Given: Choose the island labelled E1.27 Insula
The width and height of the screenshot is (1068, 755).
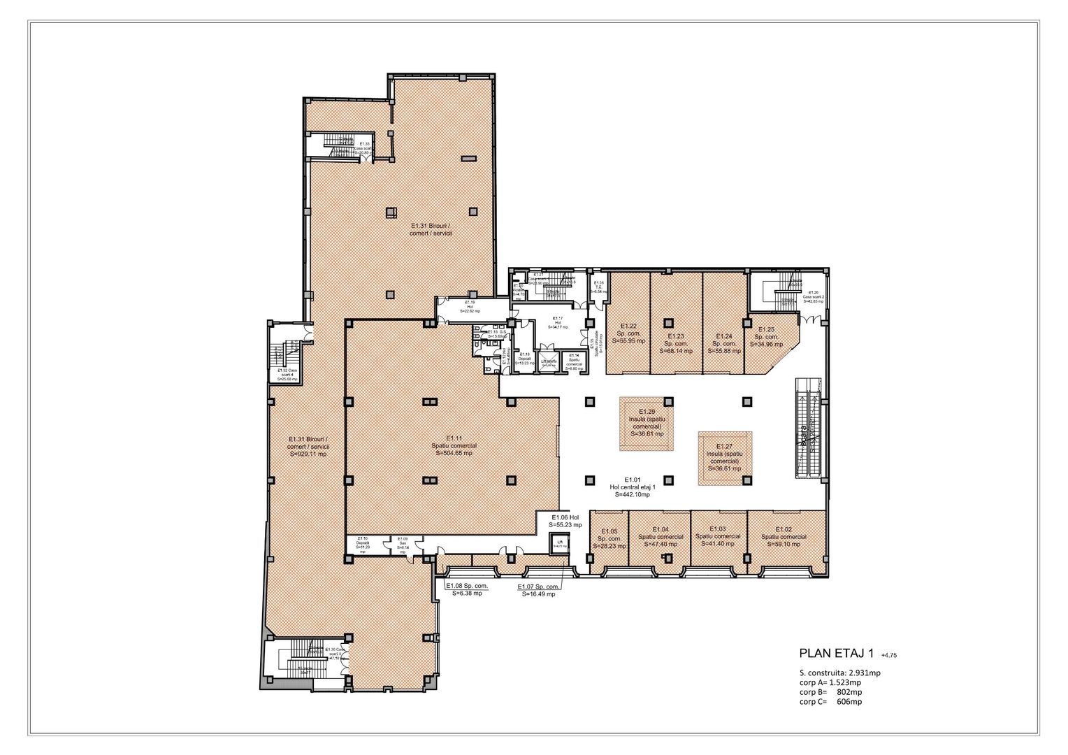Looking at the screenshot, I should (723, 457).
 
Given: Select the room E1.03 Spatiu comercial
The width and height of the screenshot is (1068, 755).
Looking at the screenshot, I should (719, 536).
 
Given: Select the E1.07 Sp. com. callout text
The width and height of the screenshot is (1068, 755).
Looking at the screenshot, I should (538, 590).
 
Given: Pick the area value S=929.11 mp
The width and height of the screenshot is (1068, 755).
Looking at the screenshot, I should (308, 454).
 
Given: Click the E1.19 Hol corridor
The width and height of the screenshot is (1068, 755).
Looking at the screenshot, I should (470, 308).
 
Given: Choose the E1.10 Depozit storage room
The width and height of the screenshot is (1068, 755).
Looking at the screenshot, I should (363, 545).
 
